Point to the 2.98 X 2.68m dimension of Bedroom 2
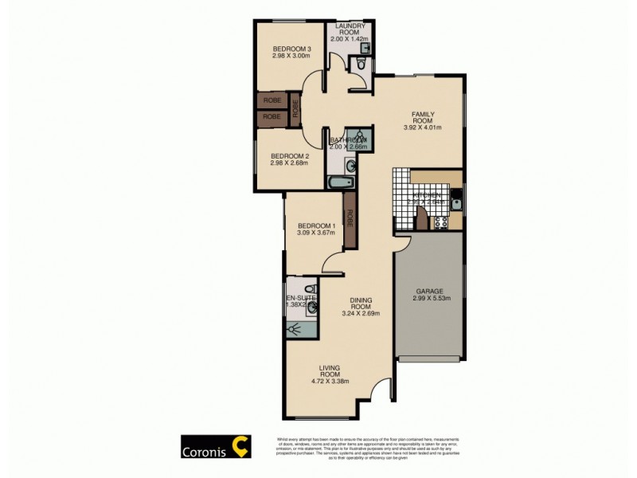(288, 165)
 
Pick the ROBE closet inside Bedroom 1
(349, 217)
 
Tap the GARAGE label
(429, 292)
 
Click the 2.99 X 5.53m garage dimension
(429, 300)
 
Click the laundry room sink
(365, 49)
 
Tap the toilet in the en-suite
(311, 288)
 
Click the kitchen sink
(456, 203)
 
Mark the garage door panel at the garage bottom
(429, 360)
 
